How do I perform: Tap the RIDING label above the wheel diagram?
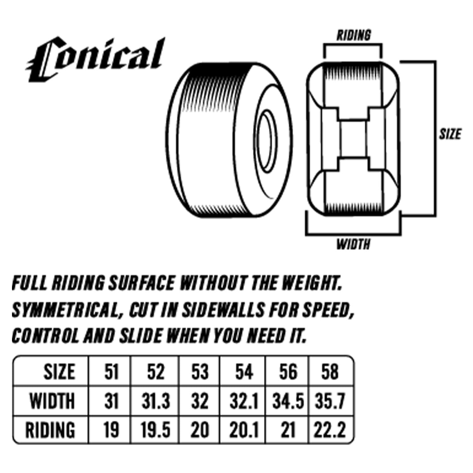click(353, 35)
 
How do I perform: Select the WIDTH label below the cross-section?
click(353, 244)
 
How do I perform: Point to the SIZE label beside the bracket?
click(450, 134)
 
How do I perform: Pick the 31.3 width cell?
click(156, 401)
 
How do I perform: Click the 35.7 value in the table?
click(330, 401)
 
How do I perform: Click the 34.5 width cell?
click(288, 401)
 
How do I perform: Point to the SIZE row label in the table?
click(60, 372)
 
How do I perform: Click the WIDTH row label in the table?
click(53, 401)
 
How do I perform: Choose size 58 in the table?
click(330, 372)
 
